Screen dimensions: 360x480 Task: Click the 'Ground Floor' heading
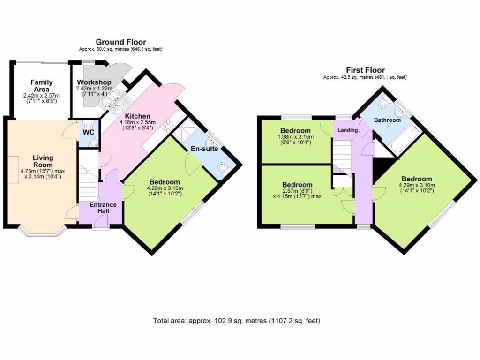(x=121, y=42)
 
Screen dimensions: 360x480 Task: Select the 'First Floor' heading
(x=365, y=70)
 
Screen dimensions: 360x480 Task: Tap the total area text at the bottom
(x=237, y=321)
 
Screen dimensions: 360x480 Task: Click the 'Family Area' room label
(x=42, y=85)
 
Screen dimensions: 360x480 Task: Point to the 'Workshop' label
(x=94, y=82)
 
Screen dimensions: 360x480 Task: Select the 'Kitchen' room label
(x=137, y=116)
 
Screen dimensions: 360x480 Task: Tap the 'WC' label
(x=89, y=132)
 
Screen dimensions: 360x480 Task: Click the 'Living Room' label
(x=43, y=161)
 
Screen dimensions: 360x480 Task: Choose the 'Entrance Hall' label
(x=99, y=208)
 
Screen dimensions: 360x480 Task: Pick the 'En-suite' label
(x=202, y=149)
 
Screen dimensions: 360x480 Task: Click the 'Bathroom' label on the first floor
(x=387, y=120)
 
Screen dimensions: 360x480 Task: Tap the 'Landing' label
(x=346, y=130)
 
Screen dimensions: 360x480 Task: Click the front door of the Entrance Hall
(x=100, y=228)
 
